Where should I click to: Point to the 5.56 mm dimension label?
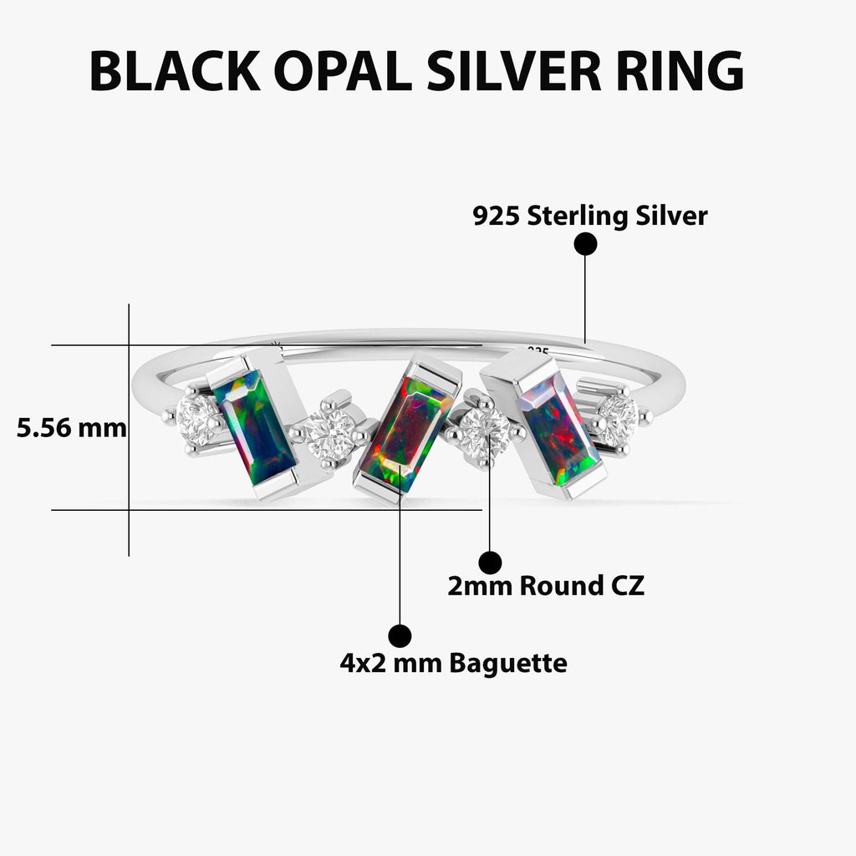[x=71, y=429]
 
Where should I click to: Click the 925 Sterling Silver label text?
[x=589, y=217]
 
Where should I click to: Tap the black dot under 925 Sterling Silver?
[x=585, y=244]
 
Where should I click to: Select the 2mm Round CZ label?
[x=546, y=586]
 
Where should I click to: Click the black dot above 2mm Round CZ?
[x=490, y=563]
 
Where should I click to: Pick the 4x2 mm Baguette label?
[x=453, y=664]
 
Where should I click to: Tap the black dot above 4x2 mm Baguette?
[x=400, y=636]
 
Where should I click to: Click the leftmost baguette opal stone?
[x=254, y=426]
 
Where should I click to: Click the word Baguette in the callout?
[x=508, y=664]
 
